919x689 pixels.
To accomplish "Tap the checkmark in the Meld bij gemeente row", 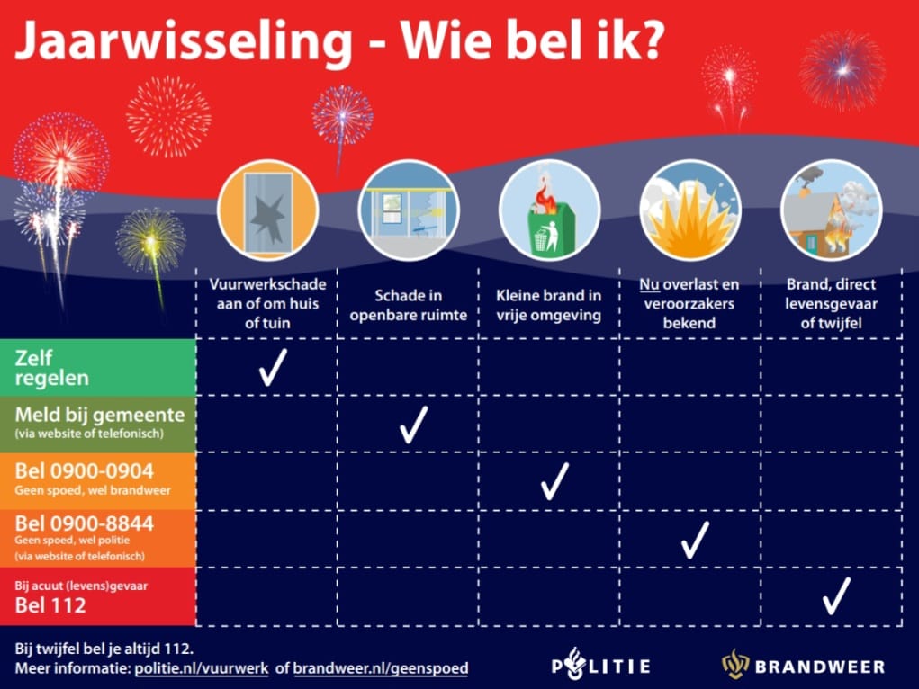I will pos(413,425).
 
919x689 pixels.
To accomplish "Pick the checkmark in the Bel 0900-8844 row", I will pos(695,539).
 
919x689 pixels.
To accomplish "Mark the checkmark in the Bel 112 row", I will pos(836,595).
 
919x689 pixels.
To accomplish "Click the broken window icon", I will pos(267,211).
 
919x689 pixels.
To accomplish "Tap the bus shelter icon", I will pos(409,211).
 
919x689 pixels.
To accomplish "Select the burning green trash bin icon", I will pos(549,211).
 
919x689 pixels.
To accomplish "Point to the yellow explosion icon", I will pos(689,211).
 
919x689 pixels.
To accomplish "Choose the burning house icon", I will pos(831,211).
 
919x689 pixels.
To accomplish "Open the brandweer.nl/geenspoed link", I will pos(381,668).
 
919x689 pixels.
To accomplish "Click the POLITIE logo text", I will pos(600,667).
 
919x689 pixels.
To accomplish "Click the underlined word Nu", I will pos(649,285).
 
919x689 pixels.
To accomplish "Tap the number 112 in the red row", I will pos(68,605).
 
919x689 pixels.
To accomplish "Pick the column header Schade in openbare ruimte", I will pos(409,305).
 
